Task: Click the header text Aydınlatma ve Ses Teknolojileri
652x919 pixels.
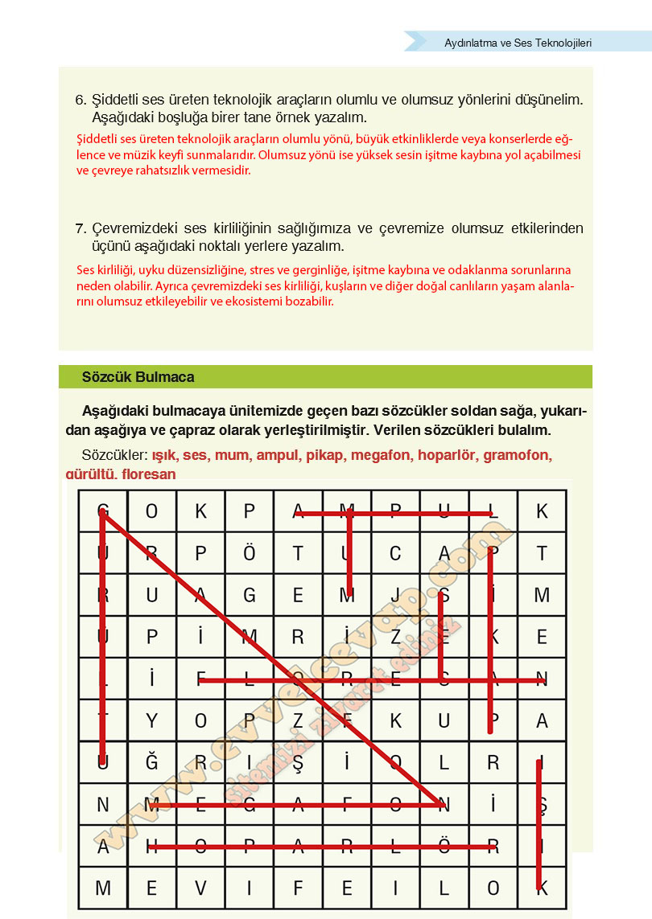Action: coord(518,43)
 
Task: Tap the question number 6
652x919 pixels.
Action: coord(80,101)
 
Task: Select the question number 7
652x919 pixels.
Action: coord(80,229)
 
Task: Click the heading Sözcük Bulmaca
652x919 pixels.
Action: coord(138,377)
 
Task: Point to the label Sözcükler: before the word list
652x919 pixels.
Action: coord(115,455)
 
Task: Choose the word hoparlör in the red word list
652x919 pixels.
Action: coord(448,455)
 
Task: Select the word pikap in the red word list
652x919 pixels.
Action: coord(324,455)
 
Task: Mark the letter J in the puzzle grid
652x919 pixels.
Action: coord(395,596)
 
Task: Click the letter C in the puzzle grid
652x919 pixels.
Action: coord(395,553)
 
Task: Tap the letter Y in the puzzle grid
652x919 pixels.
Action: coord(152,721)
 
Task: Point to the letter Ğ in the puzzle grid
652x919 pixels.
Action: coord(152,763)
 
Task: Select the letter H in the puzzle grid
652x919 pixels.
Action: coord(152,847)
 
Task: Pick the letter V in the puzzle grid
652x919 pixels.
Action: coord(201,888)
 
